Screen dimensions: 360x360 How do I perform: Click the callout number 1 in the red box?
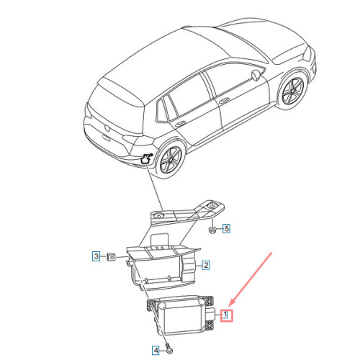[225, 314]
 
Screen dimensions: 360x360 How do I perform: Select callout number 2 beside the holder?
[205, 266]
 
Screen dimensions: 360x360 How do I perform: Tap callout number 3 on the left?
[95, 255]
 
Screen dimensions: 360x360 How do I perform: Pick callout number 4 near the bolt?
[156, 351]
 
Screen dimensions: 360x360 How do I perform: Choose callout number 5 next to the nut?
[225, 229]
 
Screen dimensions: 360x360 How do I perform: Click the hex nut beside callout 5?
[212, 230]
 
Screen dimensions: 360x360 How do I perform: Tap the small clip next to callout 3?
[111, 256]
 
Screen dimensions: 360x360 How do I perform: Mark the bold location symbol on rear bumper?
[147, 158]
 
